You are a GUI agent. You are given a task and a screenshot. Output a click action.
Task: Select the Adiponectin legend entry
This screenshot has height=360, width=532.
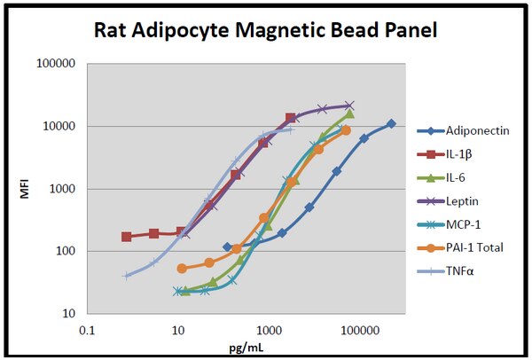(x=477, y=131)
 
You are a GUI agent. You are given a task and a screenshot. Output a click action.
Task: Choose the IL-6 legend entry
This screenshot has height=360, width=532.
(x=459, y=177)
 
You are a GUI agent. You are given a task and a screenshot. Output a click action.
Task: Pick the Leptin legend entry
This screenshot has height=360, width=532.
(x=464, y=200)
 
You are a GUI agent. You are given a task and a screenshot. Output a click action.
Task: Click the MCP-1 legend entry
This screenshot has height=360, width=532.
(x=465, y=223)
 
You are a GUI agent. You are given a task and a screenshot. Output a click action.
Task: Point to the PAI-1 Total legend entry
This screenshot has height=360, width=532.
(x=475, y=247)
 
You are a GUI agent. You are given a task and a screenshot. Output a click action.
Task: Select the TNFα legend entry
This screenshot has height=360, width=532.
(x=461, y=270)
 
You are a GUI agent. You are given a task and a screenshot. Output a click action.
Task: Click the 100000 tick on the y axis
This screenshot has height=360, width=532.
(x=55, y=64)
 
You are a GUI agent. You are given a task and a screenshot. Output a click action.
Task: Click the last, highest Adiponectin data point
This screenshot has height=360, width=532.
(x=391, y=124)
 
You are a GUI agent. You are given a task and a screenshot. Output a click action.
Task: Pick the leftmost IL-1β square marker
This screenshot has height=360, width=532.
(x=127, y=237)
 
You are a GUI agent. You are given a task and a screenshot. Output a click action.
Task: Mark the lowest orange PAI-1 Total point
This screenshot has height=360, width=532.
(x=182, y=268)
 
